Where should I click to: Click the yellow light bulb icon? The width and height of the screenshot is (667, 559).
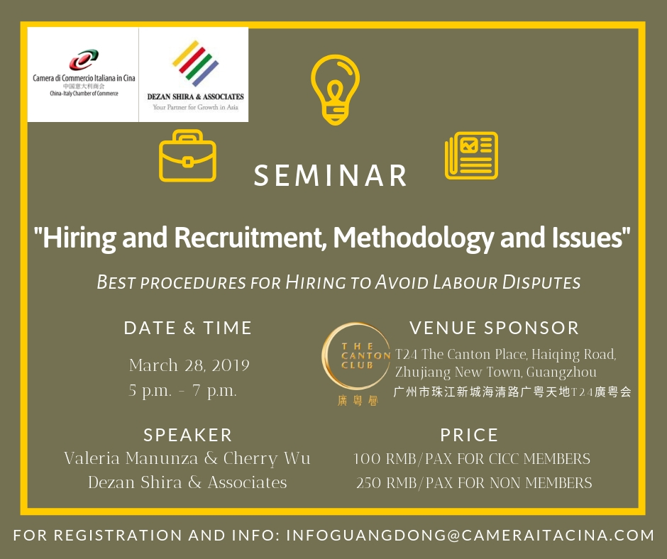(x=335, y=90)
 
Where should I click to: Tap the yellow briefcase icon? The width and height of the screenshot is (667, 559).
(x=187, y=155)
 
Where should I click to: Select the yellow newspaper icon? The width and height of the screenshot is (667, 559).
(x=471, y=155)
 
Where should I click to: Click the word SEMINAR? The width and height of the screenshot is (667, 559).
(x=330, y=175)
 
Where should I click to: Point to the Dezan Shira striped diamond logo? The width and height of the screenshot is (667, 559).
(x=195, y=63)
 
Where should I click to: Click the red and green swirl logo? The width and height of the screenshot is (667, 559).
(x=84, y=60)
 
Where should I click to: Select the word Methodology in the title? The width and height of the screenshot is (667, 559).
(x=413, y=238)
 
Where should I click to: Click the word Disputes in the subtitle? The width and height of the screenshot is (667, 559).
(x=541, y=282)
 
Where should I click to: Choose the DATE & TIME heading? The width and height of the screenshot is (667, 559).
(x=188, y=328)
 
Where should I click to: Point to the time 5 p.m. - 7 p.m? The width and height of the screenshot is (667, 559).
(x=182, y=390)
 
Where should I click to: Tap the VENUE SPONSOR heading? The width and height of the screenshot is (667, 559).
(x=495, y=328)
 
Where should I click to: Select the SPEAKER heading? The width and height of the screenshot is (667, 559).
(x=187, y=435)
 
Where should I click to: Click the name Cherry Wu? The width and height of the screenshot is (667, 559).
(x=267, y=458)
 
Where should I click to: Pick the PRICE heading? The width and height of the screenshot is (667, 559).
(x=469, y=435)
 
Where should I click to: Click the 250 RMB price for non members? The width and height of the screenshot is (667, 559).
(x=474, y=483)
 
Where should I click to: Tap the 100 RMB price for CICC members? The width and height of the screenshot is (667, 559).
(x=472, y=458)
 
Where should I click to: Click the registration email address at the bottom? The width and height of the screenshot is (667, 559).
(x=470, y=535)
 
